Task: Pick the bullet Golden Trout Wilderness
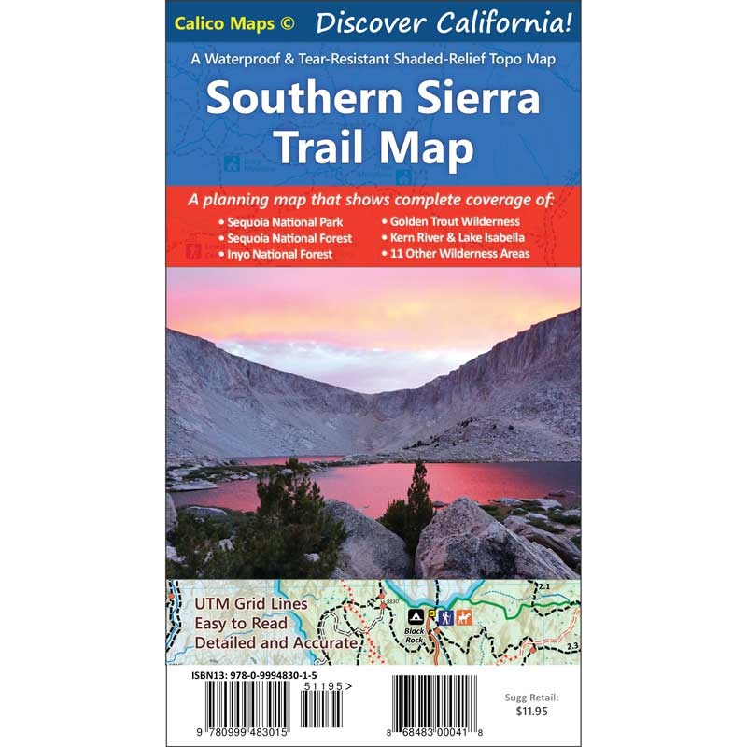pos(455,222)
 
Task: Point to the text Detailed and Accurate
pos(275,642)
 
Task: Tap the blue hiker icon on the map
pos(444,616)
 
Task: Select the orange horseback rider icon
pos(463,616)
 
